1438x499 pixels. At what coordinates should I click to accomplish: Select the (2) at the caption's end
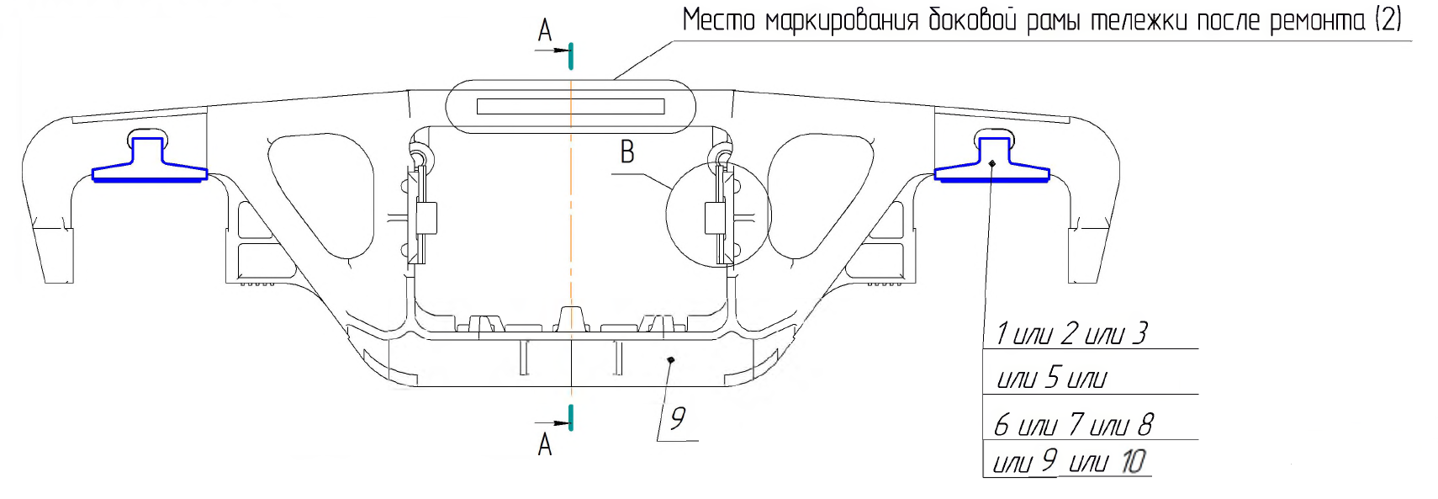point(1388,19)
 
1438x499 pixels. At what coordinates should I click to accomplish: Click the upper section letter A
point(545,31)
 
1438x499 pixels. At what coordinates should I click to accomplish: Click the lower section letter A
point(545,443)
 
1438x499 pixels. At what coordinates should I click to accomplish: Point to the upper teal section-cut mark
point(571,56)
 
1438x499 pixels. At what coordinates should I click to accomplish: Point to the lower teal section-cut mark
point(571,417)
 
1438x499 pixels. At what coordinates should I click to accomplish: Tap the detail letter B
point(627,152)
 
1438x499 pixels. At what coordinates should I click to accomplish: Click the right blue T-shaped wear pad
point(992,163)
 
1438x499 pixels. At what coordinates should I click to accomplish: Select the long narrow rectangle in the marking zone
point(570,106)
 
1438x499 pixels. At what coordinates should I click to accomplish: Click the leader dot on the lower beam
point(670,360)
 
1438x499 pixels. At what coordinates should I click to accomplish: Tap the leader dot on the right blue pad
point(992,163)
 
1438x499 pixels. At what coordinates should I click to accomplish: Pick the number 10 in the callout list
point(1133,461)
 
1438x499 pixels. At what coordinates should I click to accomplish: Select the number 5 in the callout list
point(1052,378)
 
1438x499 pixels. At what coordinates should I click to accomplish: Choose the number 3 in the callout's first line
point(1139,333)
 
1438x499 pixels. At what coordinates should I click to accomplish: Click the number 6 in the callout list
point(1002,425)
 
